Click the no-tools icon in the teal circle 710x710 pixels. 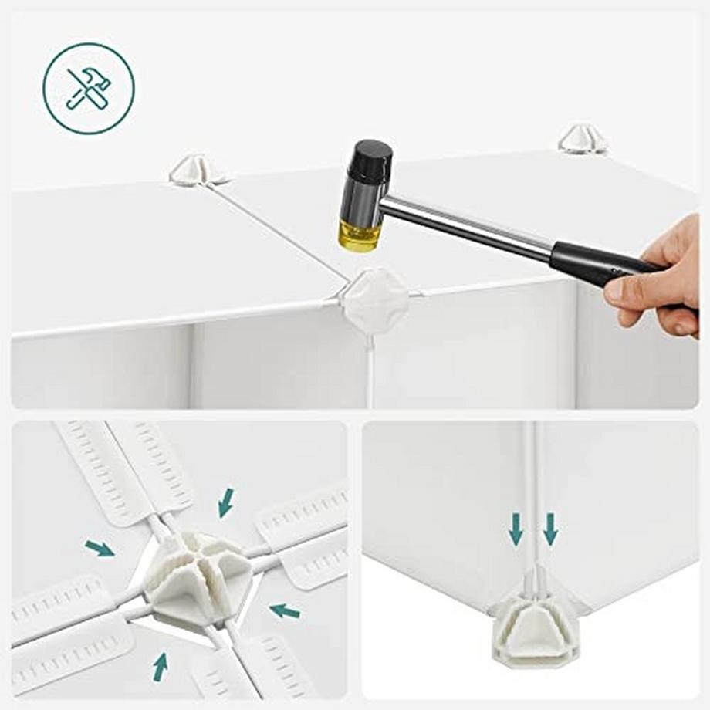(88, 88)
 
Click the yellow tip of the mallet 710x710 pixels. (359, 235)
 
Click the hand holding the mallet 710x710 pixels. (660, 278)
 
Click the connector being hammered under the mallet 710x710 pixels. (375, 299)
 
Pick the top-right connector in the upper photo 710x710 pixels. (583, 139)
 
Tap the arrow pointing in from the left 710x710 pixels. (100, 549)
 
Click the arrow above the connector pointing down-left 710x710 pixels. (225, 502)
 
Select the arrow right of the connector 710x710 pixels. (285, 610)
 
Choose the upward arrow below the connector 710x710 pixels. (160, 666)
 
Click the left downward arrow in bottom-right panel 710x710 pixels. (516, 529)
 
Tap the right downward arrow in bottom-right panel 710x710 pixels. (550, 529)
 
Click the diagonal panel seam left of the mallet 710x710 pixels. (278, 232)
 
